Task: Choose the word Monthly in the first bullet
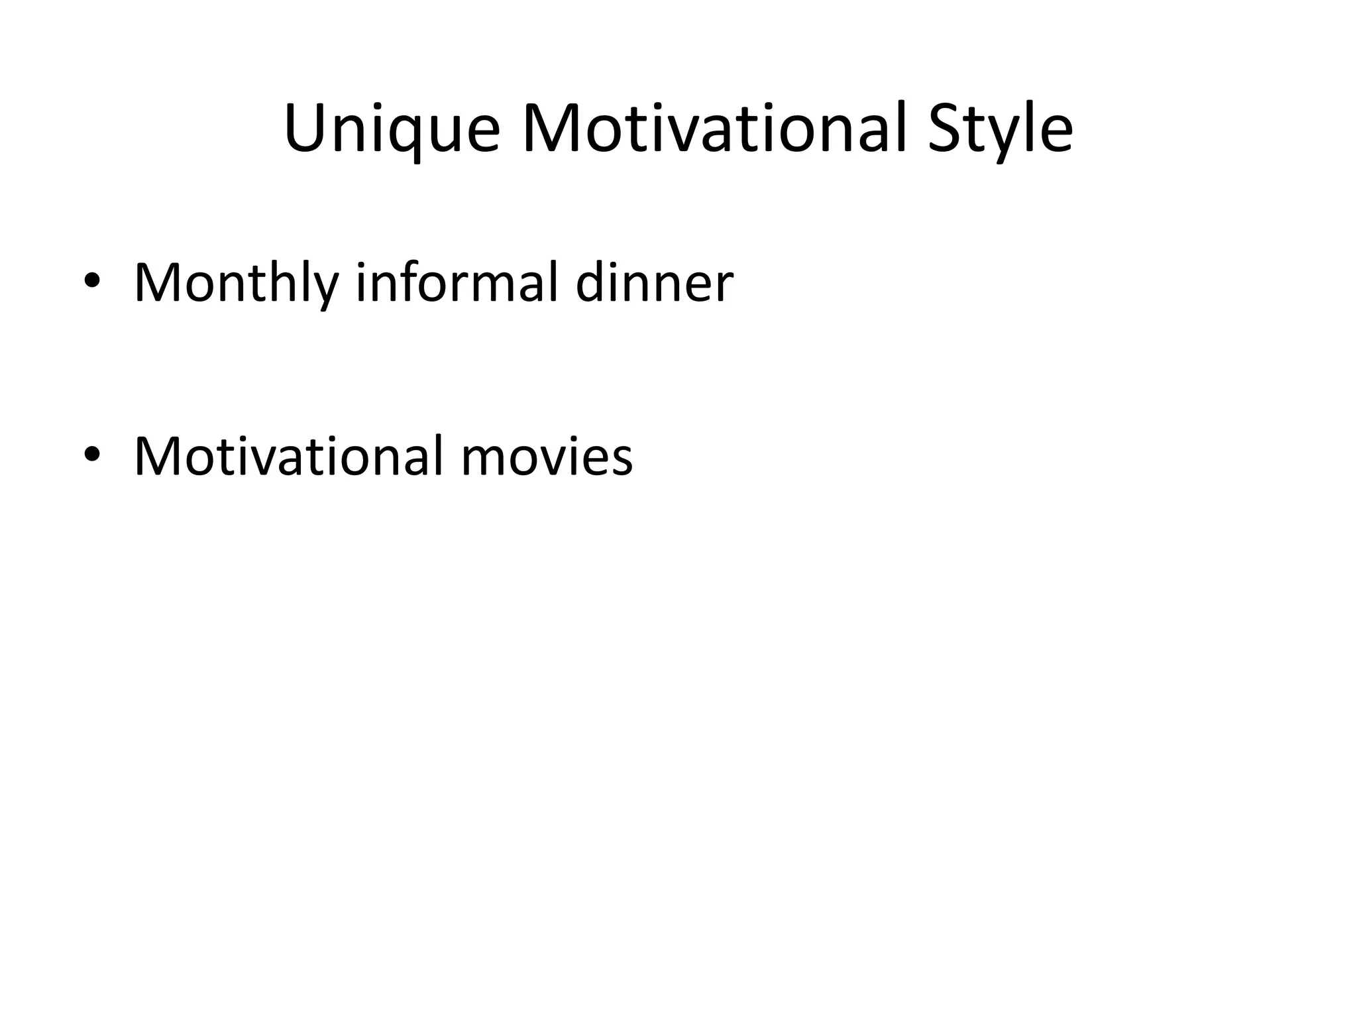[x=236, y=284]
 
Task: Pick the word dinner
[x=655, y=284]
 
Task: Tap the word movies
[x=547, y=457]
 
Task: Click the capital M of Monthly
[x=159, y=282]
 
